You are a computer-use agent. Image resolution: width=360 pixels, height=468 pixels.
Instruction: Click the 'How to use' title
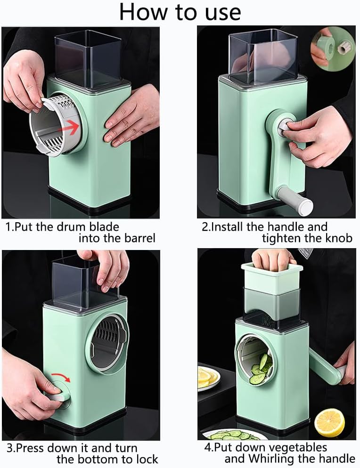tap(180, 13)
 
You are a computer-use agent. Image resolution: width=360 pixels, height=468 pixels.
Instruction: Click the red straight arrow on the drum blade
tap(71, 127)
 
